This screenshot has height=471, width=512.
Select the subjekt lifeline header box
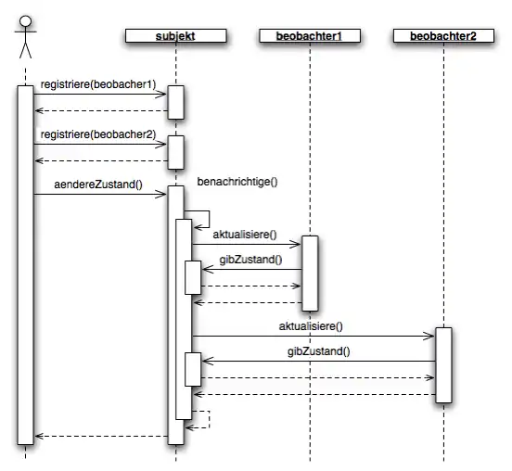(175, 36)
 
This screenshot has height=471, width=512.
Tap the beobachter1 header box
(310, 36)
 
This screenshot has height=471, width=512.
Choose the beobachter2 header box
(443, 36)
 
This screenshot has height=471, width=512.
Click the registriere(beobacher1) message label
(98, 84)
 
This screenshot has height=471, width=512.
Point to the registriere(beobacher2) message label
(98, 134)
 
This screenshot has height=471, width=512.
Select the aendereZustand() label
(98, 185)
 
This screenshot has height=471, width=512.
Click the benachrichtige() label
(237, 182)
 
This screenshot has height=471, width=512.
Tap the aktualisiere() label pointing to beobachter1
(245, 235)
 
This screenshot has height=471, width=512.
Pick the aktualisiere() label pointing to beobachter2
(311, 326)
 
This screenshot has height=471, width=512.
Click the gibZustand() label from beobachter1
(250, 260)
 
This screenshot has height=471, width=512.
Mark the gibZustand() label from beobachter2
(318, 351)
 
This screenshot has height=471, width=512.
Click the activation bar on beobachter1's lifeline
(310, 274)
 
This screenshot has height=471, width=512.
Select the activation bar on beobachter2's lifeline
(443, 365)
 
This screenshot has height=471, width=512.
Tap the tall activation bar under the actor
(25, 265)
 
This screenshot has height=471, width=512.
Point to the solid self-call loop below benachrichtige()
(209, 219)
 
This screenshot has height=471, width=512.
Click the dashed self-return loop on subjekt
(209, 420)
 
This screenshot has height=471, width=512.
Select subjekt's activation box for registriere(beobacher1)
(175, 103)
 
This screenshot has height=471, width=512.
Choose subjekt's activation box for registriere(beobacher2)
(175, 152)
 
